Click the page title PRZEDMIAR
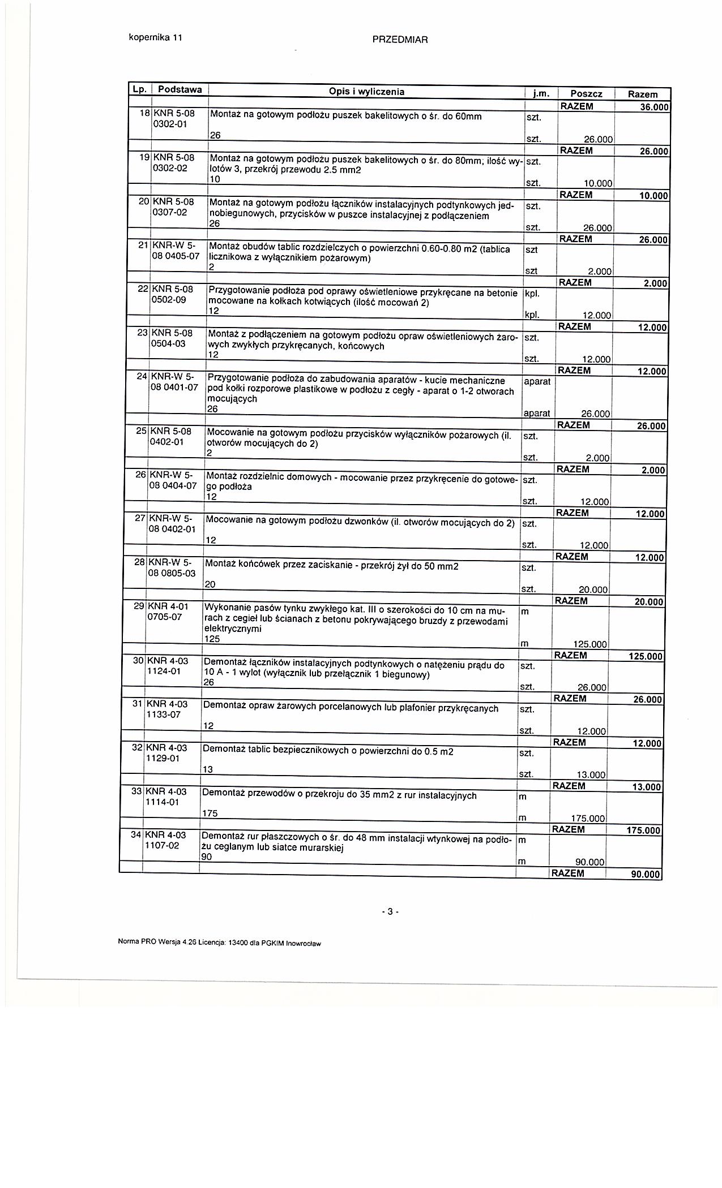[x=400, y=40]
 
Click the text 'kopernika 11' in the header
[x=155, y=38]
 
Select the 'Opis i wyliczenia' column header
[x=366, y=92]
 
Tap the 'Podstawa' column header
[x=180, y=89]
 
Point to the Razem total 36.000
[x=653, y=107]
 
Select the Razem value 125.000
[x=646, y=656]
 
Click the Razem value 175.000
[x=644, y=830]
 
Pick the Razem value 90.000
[x=646, y=875]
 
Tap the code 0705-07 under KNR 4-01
[x=165, y=617]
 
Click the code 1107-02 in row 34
[x=162, y=845]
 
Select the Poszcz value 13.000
[x=589, y=775]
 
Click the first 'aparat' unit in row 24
[x=537, y=381]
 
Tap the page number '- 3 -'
[x=390, y=911]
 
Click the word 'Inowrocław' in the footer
[x=303, y=943]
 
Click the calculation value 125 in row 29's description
[x=211, y=639]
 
